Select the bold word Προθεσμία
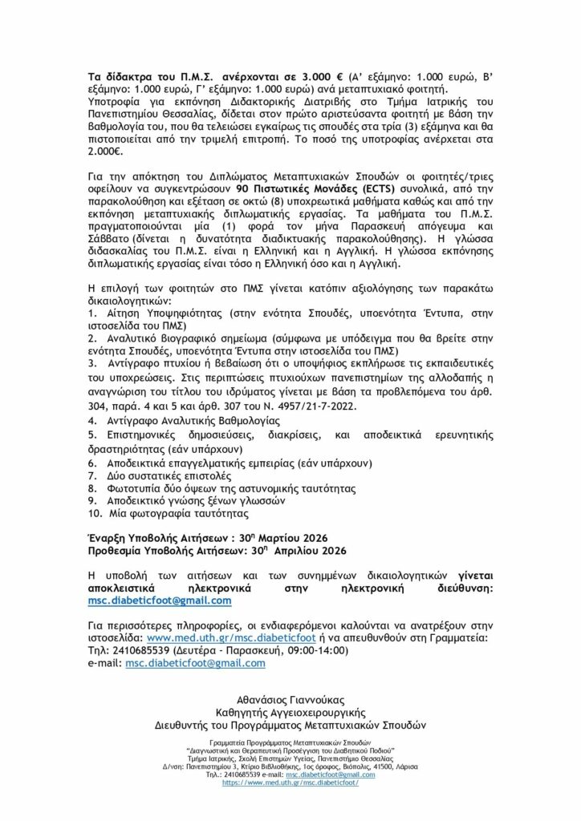(x=120, y=550)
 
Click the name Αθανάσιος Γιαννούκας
(x=290, y=697)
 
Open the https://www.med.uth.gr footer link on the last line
(x=290, y=782)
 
